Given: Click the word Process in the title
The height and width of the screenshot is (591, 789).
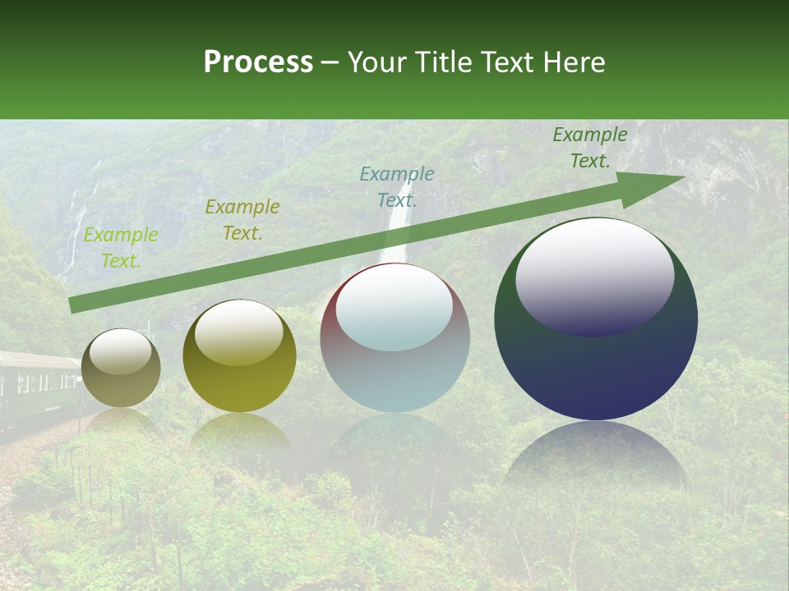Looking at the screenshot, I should click(x=258, y=62).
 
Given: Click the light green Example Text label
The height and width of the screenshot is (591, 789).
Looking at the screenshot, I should click(x=121, y=248).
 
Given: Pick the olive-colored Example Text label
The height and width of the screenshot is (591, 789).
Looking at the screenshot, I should click(x=242, y=220).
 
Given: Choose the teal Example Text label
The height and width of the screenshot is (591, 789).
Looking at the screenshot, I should click(x=397, y=187).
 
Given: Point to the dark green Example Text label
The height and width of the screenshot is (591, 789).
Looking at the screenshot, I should click(x=589, y=148).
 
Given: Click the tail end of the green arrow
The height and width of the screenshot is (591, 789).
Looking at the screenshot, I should click(x=72, y=305).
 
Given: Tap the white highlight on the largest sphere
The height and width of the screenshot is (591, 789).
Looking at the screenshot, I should click(x=594, y=275).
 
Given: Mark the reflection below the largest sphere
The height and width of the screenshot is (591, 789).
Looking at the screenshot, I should click(x=596, y=456).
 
